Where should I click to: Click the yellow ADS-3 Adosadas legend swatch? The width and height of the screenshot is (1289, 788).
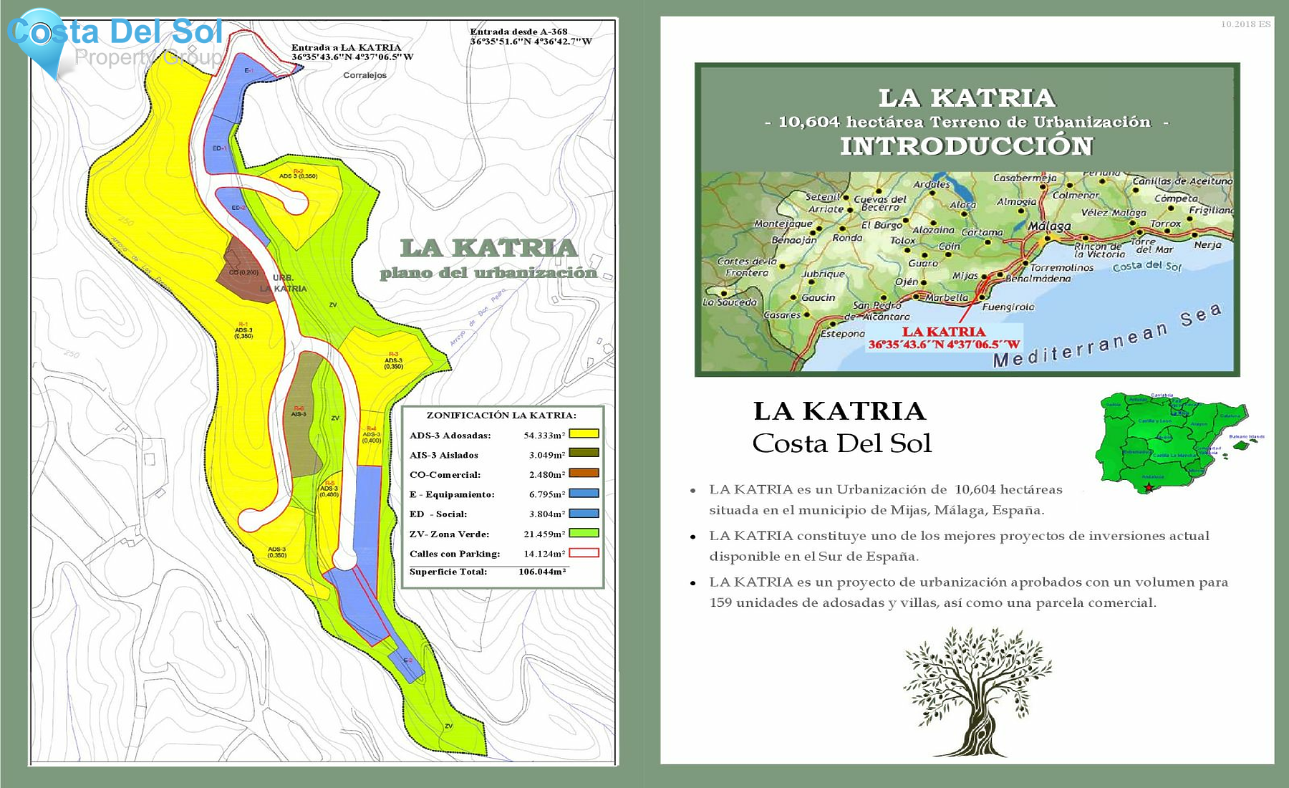click(x=584, y=434)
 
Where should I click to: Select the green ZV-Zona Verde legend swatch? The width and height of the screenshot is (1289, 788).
click(x=584, y=533)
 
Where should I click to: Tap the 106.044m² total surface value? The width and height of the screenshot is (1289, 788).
click(x=542, y=572)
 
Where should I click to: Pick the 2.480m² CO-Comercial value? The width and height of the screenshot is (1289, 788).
click(x=547, y=474)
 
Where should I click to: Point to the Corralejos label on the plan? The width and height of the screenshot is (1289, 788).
click(x=365, y=75)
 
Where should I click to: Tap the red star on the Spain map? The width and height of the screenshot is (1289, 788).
click(x=1149, y=488)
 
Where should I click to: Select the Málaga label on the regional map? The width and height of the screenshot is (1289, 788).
click(x=1049, y=226)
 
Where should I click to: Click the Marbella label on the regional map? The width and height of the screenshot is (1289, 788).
click(x=946, y=297)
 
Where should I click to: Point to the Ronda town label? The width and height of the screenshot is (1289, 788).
click(x=847, y=238)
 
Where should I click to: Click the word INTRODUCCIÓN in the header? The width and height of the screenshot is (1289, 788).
click(x=967, y=146)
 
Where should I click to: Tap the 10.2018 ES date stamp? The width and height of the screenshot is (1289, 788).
click(x=1245, y=24)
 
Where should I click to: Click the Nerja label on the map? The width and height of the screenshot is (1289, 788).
click(x=1207, y=245)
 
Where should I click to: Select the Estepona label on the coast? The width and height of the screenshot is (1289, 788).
click(x=842, y=334)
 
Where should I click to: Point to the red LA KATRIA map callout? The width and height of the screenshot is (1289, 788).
click(x=944, y=332)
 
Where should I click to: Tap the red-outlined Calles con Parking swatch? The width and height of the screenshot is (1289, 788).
click(x=584, y=553)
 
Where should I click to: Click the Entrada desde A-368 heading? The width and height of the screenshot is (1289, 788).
click(x=518, y=32)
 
